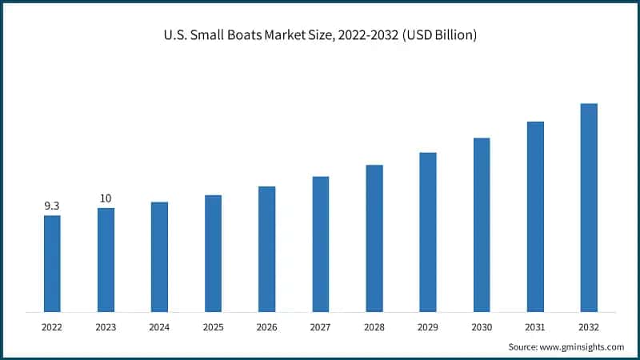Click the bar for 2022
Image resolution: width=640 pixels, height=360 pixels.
coord(52,263)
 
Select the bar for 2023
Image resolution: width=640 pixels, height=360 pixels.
coord(106,260)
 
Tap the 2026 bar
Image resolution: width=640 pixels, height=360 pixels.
coord(266,249)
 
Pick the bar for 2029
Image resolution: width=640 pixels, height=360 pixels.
coord(428,232)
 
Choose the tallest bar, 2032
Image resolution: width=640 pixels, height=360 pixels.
coord(589,207)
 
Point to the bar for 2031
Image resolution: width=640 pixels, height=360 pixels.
coord(535,216)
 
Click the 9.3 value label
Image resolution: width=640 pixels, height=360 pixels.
coord(52,206)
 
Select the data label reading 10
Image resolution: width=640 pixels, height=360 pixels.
coord(106,198)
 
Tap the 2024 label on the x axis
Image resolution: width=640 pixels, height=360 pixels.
coord(159,326)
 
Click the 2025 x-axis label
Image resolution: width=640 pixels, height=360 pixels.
coord(213,326)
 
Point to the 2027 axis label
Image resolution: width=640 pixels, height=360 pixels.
coord(320,326)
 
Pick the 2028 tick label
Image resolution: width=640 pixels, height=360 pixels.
coord(374,326)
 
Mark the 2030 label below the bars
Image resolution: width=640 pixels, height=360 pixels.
coord(481,326)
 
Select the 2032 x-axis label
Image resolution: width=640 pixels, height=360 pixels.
coord(588,326)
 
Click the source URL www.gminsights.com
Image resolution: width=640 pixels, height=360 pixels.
coord(582,346)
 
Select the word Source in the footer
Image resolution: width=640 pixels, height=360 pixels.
coord(524,346)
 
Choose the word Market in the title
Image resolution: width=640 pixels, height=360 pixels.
coord(292,36)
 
